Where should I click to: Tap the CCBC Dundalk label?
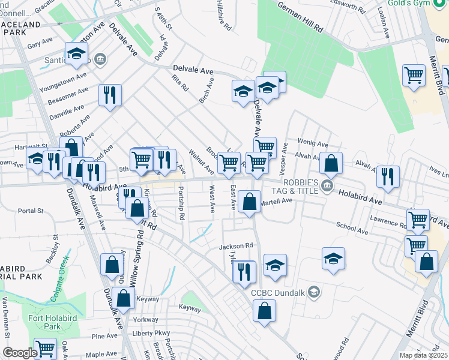coord(279,293)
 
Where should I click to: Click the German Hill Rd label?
coord(300,16)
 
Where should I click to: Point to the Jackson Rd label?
coord(237,246)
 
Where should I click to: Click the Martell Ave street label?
coord(276,201)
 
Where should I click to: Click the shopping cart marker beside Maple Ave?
coord(45,349)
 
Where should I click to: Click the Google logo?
coord(20,353)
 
